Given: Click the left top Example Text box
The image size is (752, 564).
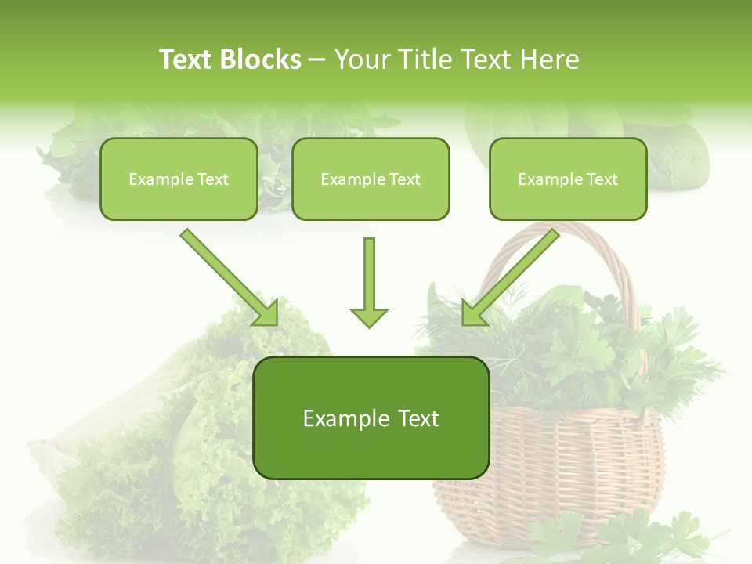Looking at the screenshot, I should coord(179,179).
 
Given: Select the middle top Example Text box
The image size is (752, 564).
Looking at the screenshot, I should coord(371,179).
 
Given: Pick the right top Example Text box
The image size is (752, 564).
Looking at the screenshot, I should coord(568,179).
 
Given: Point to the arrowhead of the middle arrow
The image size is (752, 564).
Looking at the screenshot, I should coord(369,316).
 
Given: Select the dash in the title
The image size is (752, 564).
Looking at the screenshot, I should coord(317,60).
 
